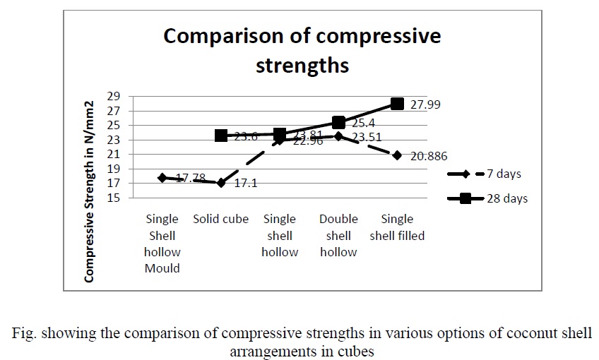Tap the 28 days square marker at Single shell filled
coord(397,104)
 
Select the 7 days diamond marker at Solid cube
coord(221,183)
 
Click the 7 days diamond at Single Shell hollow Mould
coord(162,178)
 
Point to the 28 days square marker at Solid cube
coord(221,135)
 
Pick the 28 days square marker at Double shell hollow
coord(338,123)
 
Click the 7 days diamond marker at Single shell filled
coord(397,155)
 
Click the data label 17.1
coord(246,184)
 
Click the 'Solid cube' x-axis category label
coord(221,219)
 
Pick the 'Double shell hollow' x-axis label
coord(338,235)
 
